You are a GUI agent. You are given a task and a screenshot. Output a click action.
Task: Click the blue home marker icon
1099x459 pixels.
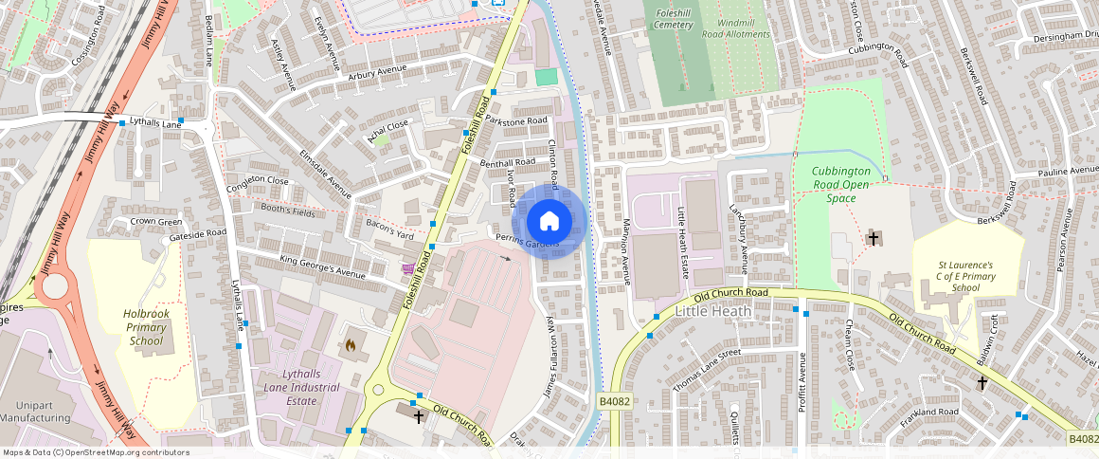pyautogui.click(x=549, y=222)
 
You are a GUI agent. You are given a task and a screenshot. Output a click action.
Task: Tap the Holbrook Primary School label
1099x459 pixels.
pyautogui.click(x=146, y=327)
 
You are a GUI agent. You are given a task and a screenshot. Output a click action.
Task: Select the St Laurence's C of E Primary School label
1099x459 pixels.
pyautogui.click(x=965, y=276)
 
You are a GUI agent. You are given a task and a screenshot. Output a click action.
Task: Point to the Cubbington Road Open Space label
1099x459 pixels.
pyautogui.click(x=840, y=185)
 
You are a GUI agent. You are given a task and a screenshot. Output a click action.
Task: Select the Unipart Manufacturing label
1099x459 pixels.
pyautogui.click(x=35, y=411)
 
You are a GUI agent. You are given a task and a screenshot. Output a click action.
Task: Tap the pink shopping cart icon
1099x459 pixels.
pyautogui.click(x=407, y=269)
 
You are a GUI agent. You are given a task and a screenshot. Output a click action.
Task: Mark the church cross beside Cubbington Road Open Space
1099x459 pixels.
pyautogui.click(x=873, y=238)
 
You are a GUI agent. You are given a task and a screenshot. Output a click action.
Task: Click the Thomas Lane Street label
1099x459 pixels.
pyautogui.click(x=706, y=370)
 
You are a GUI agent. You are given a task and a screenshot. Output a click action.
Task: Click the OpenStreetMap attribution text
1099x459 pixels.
pyautogui.click(x=96, y=452)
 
